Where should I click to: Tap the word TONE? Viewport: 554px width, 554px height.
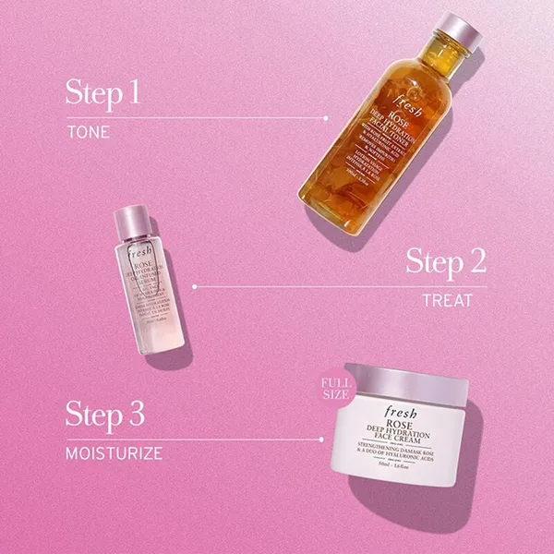point(88,132)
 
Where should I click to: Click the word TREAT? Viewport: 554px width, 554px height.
point(447,300)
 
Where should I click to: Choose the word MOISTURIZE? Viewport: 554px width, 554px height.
point(114,453)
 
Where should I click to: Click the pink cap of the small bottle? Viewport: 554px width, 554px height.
point(130,220)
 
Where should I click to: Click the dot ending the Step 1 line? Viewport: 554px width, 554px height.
point(326,118)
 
